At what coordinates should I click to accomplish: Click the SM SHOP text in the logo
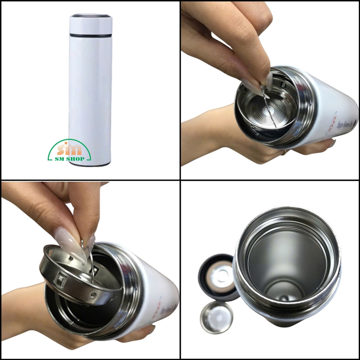(x=69, y=159)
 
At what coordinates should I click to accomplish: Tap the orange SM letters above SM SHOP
(x=70, y=149)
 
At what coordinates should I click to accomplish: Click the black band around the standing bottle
(x=91, y=35)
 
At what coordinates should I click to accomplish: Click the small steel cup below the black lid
(x=216, y=317)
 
